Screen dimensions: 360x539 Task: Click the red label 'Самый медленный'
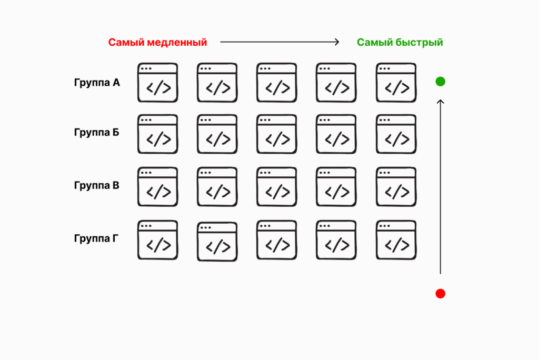[x=157, y=43]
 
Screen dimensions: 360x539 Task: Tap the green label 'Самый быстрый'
[x=400, y=43]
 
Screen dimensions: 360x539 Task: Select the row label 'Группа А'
[x=97, y=83]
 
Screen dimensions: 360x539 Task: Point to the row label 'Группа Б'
[x=97, y=132]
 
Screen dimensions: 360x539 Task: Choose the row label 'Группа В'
[x=97, y=186]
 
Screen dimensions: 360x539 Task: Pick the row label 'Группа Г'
[x=97, y=238]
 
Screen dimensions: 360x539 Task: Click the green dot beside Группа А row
[x=441, y=82]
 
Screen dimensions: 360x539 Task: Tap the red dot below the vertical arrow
[x=441, y=294]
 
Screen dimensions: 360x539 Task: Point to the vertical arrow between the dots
[x=441, y=187]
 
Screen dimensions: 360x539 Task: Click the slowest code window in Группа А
[x=158, y=83]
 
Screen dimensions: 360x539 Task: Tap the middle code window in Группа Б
[x=277, y=134]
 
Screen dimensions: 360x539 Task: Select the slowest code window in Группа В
[x=158, y=187]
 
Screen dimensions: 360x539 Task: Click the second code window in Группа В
[x=217, y=187]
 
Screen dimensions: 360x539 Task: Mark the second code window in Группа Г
[x=217, y=242]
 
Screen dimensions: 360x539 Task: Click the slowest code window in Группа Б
[x=158, y=134]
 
